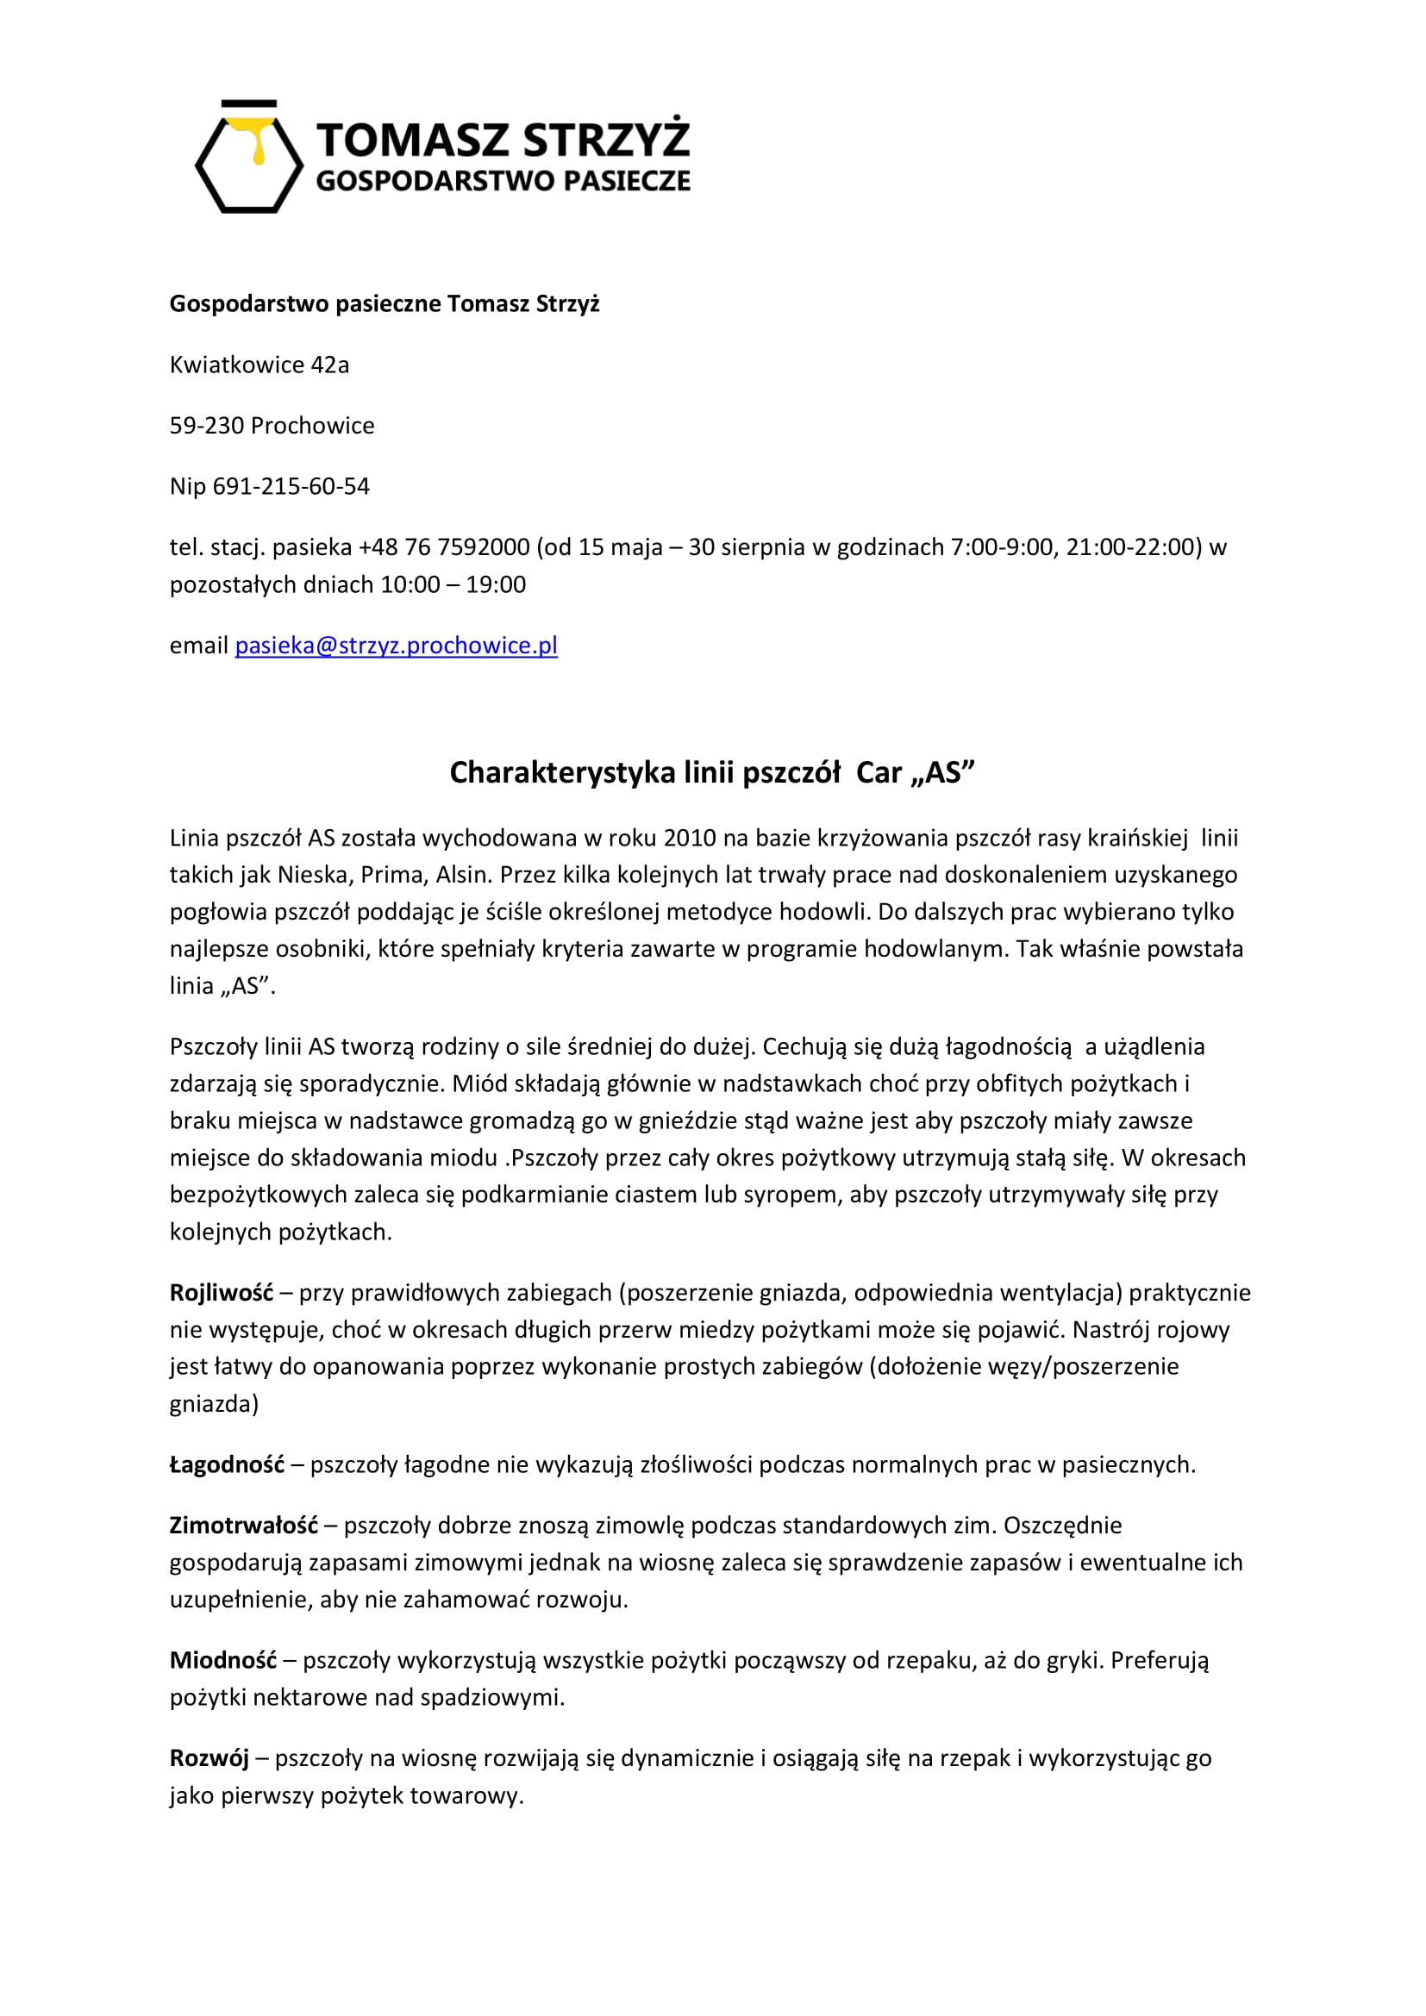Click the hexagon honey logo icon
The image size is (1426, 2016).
pos(248,158)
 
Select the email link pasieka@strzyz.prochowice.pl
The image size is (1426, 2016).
pos(396,646)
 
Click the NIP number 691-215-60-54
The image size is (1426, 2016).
pos(291,486)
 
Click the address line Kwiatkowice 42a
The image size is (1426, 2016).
pos(259,365)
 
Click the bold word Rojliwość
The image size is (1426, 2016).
pos(222,1293)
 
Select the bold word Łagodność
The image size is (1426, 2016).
pos(227,1464)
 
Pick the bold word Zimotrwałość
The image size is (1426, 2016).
pos(243,1526)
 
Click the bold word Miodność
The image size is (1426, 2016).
pos(223,1660)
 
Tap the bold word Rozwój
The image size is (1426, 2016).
pos(209,1757)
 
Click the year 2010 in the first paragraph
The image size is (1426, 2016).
pos(690,838)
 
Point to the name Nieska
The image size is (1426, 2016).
pos(313,875)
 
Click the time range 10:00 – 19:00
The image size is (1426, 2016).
pos(453,584)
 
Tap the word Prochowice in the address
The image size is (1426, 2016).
pos(312,426)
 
